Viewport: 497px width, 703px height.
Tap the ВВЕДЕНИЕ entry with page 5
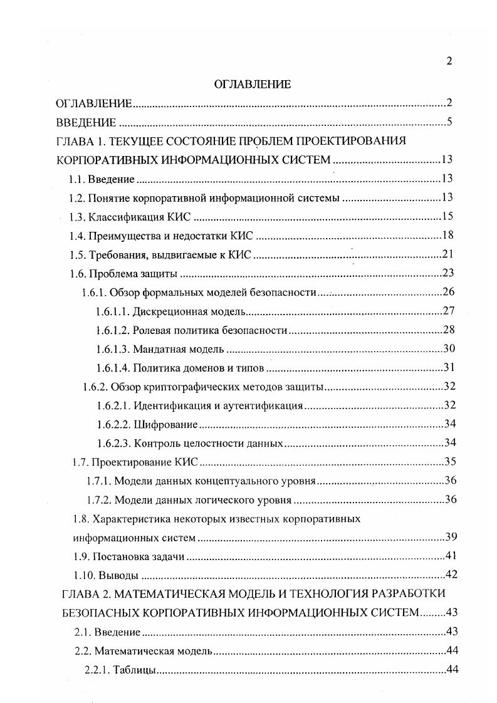86,122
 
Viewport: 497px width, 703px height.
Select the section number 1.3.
77,217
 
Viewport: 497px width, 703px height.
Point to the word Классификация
125,217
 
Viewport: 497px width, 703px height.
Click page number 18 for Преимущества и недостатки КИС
447,236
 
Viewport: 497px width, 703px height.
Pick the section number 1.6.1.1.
113,311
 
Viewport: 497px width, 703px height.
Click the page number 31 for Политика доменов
448,368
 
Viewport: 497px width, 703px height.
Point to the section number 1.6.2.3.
113,444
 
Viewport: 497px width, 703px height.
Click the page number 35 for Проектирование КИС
448,462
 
